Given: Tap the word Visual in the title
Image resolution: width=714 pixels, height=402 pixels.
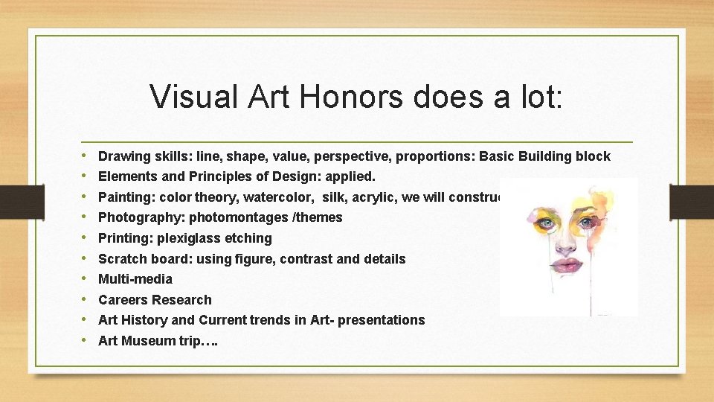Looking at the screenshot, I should (190, 97).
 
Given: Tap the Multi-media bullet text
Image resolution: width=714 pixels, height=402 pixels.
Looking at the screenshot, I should (135, 279).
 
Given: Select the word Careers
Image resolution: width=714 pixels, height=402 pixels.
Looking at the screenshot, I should (123, 300).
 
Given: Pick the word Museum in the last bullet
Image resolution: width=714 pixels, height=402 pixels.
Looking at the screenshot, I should (143, 341).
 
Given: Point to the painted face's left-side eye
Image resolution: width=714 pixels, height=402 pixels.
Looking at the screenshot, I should (549, 222).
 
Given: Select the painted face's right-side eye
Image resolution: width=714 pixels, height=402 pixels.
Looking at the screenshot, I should (588, 222).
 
